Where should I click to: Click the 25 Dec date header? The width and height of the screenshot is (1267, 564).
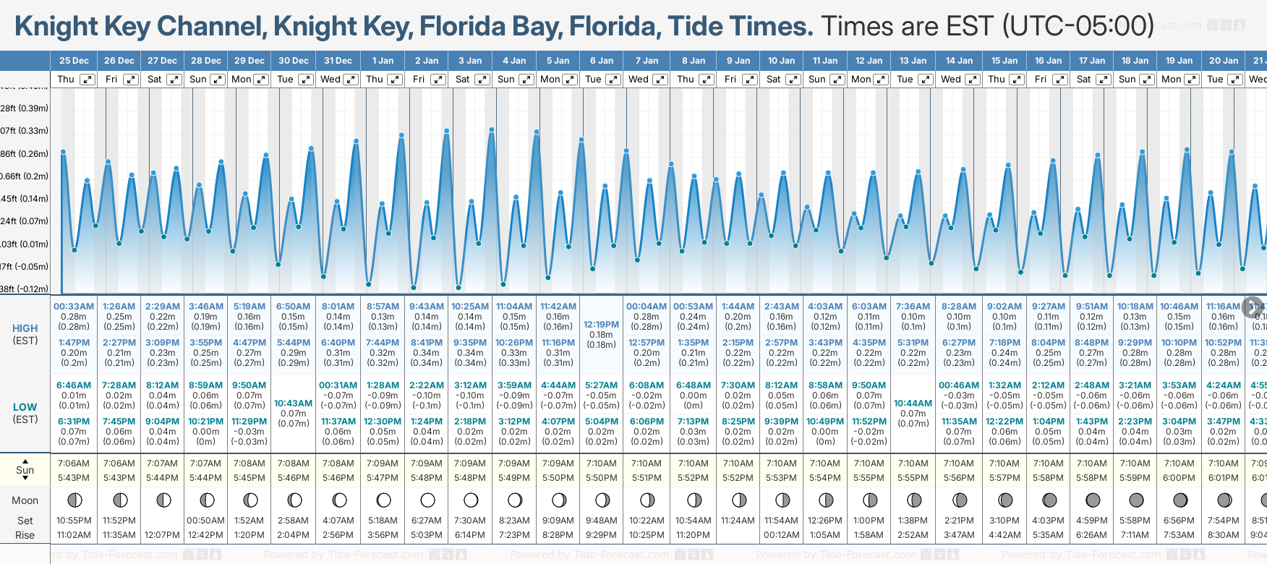(x=74, y=61)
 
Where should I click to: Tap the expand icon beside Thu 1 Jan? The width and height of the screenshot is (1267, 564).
(x=395, y=80)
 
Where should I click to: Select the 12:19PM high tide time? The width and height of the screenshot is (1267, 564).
(x=601, y=325)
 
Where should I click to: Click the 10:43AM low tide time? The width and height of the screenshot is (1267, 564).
(x=293, y=403)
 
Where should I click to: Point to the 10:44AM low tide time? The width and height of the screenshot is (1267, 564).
(x=913, y=403)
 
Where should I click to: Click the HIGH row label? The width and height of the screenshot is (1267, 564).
(x=25, y=328)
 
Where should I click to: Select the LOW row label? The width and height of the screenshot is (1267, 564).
(x=25, y=407)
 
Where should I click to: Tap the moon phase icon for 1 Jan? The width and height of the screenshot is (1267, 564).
(x=383, y=500)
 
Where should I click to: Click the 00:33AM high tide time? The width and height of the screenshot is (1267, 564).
(x=74, y=307)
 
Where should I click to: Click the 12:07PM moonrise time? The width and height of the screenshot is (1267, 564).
(x=163, y=535)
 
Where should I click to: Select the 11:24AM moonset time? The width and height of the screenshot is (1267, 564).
(x=738, y=521)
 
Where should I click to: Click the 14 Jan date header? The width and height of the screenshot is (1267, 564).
(x=960, y=61)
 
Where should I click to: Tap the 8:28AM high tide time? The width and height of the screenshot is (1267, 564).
(x=959, y=307)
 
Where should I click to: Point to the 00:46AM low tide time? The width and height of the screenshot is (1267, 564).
(x=959, y=385)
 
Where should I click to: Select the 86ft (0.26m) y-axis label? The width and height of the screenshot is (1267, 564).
(x=25, y=154)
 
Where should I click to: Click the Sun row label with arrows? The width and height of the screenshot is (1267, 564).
(x=25, y=470)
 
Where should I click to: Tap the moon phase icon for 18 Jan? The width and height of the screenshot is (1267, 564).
(x=1136, y=500)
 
